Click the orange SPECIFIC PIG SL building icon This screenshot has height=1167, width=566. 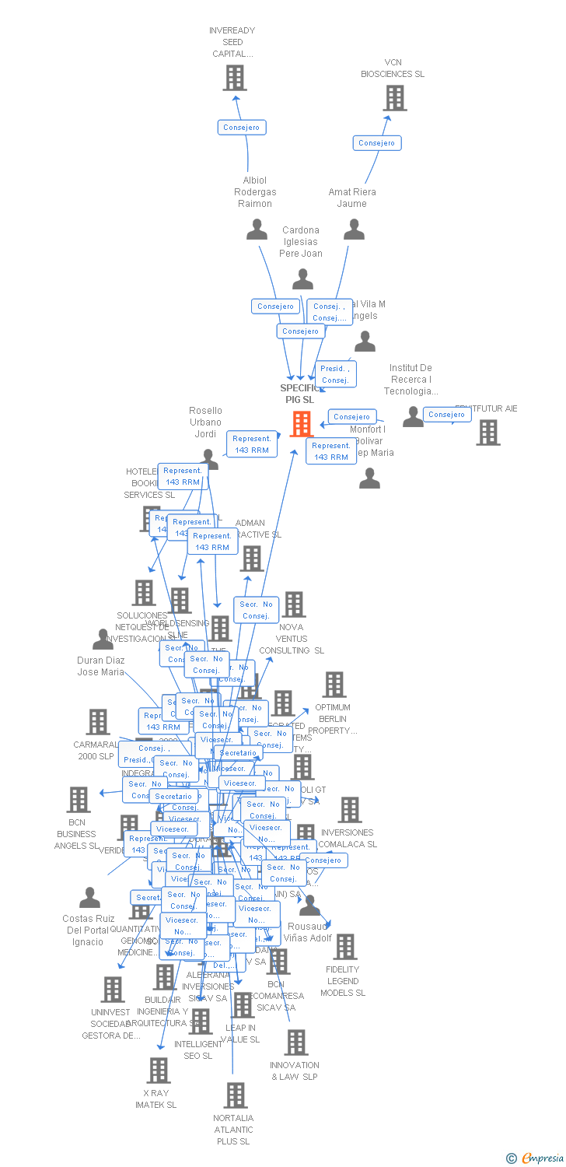302,424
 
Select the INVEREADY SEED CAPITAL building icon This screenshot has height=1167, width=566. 235,78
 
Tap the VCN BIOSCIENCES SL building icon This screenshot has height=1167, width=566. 395,98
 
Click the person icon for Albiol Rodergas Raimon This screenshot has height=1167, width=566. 257,230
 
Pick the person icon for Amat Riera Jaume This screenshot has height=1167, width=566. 355,230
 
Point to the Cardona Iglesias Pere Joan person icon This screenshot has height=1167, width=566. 302,279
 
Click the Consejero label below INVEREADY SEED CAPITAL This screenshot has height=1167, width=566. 242,128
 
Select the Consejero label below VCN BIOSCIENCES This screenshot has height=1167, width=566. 377,143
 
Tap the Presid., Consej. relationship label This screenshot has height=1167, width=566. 335,374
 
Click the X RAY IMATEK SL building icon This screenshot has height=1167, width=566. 159,1071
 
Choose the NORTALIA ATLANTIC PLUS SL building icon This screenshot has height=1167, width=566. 236,1095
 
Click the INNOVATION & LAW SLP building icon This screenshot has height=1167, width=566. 296,1043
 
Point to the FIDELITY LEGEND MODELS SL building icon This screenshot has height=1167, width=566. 345,947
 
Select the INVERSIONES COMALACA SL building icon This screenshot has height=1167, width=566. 350,810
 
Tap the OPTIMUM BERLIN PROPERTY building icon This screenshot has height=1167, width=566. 334,685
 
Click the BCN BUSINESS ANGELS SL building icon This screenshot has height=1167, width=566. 79,799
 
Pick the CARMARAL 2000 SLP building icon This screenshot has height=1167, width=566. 98,721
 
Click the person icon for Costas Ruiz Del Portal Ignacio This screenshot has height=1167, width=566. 90,898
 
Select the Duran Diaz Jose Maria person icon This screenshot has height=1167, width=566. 103,640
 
